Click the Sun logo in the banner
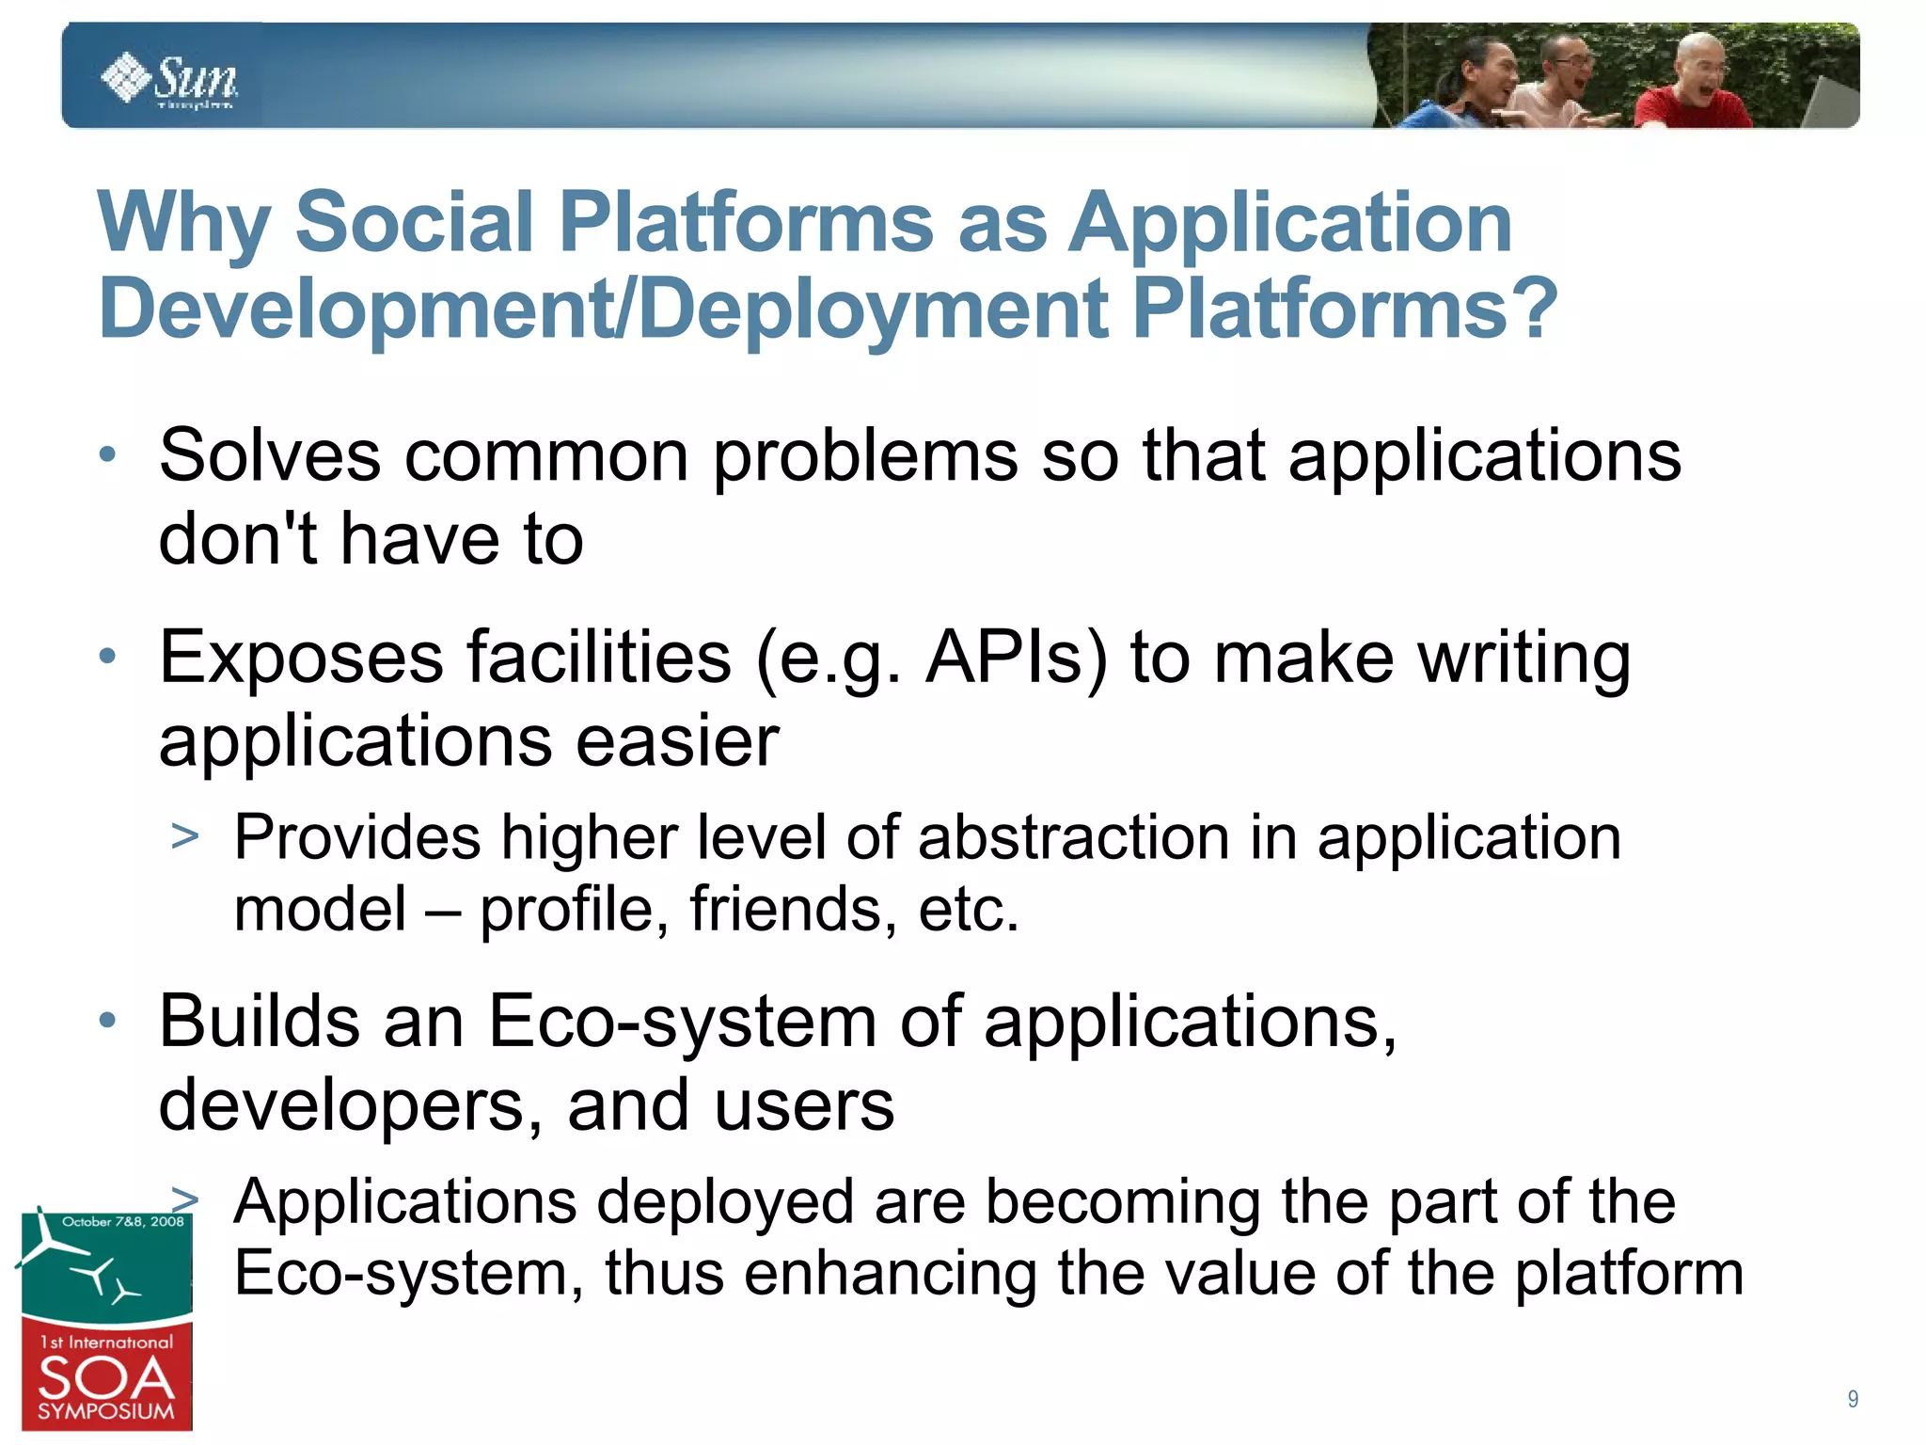(x=169, y=80)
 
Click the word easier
(x=677, y=741)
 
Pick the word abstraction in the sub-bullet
(x=1073, y=837)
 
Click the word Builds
(x=259, y=1022)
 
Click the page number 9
(x=1852, y=1399)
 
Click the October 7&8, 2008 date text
(x=122, y=1222)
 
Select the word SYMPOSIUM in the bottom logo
(x=106, y=1412)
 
